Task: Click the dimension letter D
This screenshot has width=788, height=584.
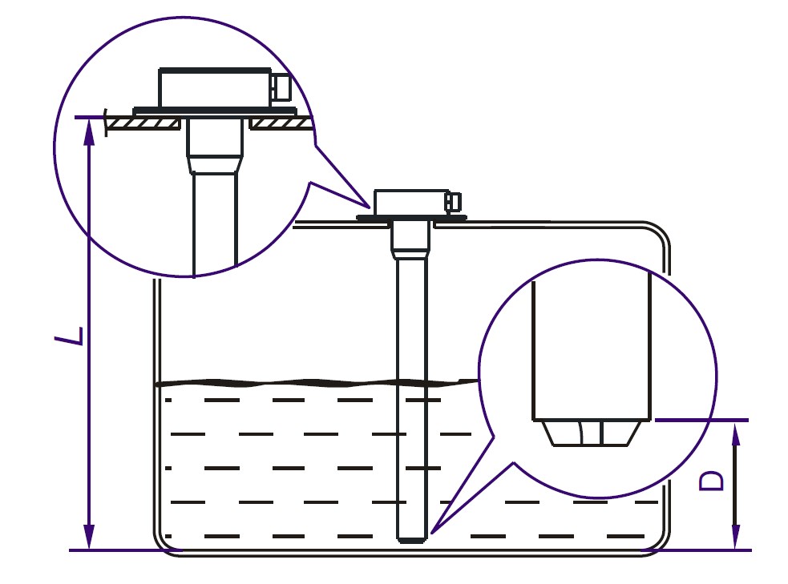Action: click(x=712, y=481)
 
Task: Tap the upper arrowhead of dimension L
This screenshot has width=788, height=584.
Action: click(x=89, y=131)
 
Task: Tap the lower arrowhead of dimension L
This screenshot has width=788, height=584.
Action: click(x=89, y=536)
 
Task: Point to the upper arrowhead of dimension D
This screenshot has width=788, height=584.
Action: click(x=736, y=435)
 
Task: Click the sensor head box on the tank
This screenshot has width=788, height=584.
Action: click(x=411, y=203)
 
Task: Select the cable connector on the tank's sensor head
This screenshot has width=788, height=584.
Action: click(x=453, y=202)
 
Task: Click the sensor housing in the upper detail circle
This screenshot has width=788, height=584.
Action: click(x=215, y=87)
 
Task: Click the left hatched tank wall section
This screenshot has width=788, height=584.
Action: click(x=144, y=123)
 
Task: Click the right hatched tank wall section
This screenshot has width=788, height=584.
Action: click(x=281, y=123)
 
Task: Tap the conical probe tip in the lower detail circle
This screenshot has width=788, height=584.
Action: click(x=592, y=433)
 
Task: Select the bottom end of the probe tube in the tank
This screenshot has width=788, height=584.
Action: click(x=412, y=540)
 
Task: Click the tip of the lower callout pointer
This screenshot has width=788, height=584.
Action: click(x=431, y=532)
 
